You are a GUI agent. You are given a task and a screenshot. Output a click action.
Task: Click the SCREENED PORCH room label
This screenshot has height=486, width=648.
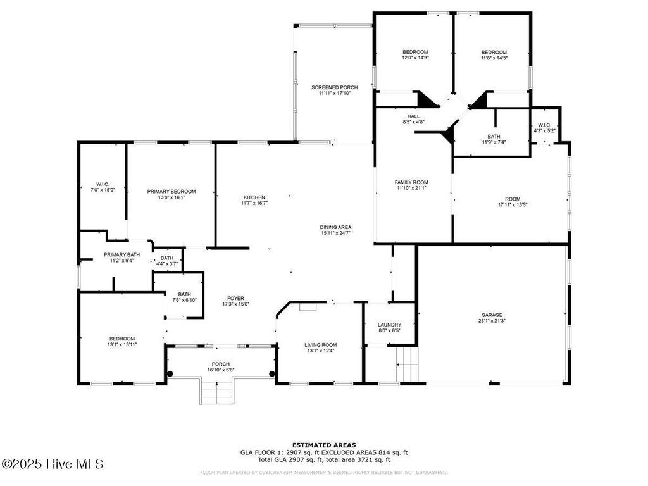pyautogui.click(x=334, y=87)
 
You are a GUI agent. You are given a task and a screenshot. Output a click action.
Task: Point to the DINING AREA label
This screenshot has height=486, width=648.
pyautogui.click(x=335, y=227)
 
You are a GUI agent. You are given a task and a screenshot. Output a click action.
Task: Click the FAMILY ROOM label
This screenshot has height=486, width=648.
pyautogui.click(x=411, y=182)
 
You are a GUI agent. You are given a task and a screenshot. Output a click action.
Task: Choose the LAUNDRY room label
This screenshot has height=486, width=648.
pyautogui.click(x=390, y=324)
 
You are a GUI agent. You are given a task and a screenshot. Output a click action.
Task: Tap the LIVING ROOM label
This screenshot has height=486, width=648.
pyautogui.click(x=321, y=345)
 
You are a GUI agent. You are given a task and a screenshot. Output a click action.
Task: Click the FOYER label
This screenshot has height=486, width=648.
pyautogui.click(x=235, y=298)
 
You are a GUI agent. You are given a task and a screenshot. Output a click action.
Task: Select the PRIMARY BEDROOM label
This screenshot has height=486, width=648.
pyautogui.click(x=171, y=191)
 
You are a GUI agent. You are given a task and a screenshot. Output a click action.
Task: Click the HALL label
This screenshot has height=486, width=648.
pyautogui.click(x=413, y=116)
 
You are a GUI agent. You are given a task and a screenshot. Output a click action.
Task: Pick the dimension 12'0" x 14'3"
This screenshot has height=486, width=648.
pyautogui.click(x=415, y=58)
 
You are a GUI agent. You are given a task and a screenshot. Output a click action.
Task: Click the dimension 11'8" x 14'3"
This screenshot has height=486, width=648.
pyautogui.click(x=494, y=58)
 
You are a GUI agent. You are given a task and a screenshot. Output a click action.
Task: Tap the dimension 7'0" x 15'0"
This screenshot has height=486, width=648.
pyautogui.click(x=103, y=189)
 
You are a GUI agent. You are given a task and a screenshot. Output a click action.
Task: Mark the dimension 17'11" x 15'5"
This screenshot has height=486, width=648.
pyautogui.click(x=512, y=204)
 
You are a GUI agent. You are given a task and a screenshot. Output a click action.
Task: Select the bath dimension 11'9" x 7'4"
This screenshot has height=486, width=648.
pyautogui.click(x=494, y=142)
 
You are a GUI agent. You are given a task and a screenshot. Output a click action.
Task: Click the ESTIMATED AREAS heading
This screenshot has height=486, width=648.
pyautogui.click(x=324, y=445)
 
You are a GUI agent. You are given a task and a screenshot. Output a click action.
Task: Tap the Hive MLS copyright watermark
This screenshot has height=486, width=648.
pyautogui.click(x=53, y=464)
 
